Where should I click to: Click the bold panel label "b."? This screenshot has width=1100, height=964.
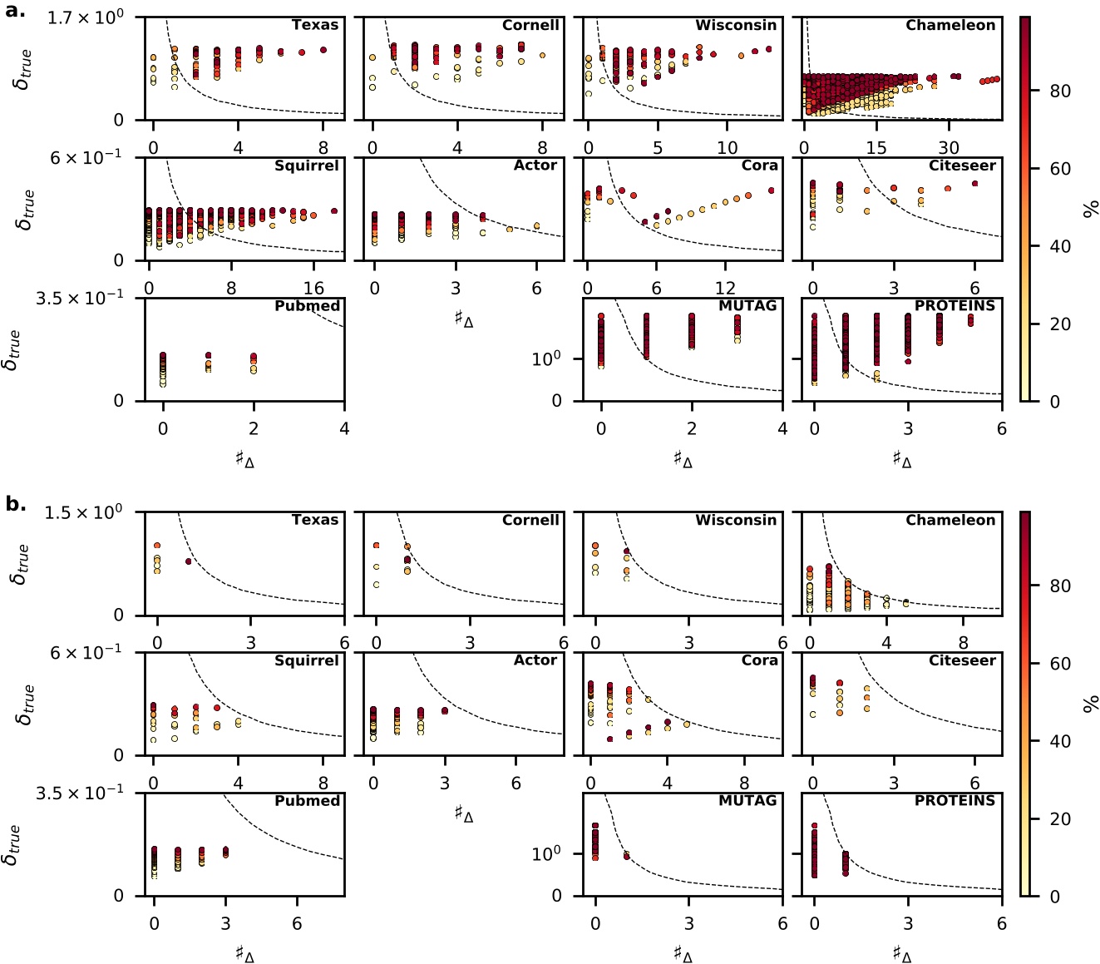click(16, 504)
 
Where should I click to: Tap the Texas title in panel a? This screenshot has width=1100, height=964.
click(314, 25)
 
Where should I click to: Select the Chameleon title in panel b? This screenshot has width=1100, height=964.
click(950, 520)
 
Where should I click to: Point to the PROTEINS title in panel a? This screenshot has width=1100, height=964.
click(954, 305)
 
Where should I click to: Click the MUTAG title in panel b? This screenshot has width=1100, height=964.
click(747, 800)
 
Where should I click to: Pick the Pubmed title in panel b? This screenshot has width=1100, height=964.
click(307, 800)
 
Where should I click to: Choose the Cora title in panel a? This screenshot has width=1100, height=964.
click(759, 166)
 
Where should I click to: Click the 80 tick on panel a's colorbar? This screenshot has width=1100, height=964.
click(1059, 91)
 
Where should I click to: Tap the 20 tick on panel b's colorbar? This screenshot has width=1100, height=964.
click(1059, 819)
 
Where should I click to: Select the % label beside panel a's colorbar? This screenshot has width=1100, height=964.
click(1091, 209)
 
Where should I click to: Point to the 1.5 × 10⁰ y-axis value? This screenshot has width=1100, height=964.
click(83, 512)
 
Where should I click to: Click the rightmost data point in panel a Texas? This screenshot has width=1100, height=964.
click(323, 50)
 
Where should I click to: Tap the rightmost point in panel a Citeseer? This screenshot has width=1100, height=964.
click(974, 184)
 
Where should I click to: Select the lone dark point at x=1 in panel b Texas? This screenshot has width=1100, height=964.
click(189, 561)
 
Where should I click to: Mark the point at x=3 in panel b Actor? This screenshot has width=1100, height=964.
click(445, 710)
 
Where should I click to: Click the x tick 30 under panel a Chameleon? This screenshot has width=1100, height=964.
click(949, 148)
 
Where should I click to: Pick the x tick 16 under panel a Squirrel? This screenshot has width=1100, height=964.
click(313, 289)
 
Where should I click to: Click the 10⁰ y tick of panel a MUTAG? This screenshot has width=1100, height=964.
click(545, 359)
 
